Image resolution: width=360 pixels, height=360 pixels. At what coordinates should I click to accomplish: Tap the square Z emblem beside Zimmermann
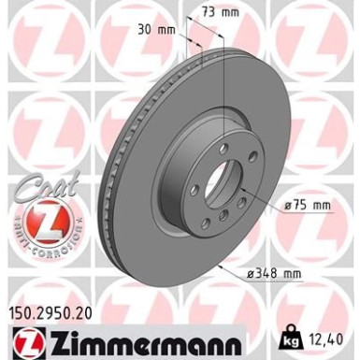(x=22, y=329)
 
